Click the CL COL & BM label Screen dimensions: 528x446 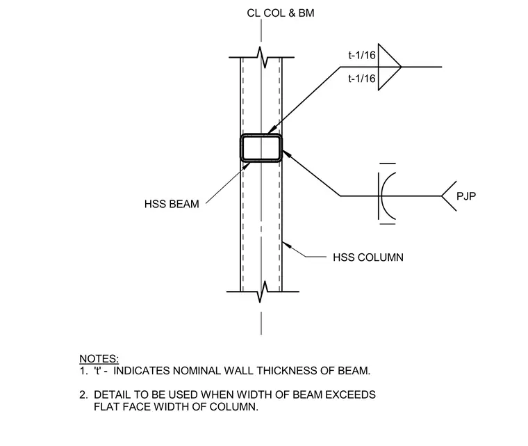pos(281,13)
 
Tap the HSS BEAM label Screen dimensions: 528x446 pos(172,204)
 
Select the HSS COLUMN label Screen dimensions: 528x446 pos(368,257)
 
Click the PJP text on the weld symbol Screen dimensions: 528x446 pos(466,196)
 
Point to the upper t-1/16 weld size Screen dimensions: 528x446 pos(362,55)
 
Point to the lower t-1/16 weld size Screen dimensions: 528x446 pos(362,79)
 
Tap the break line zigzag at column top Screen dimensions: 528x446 pos(262,57)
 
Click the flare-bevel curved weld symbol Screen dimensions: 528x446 pos(382,196)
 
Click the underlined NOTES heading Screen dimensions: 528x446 pos(99,358)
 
